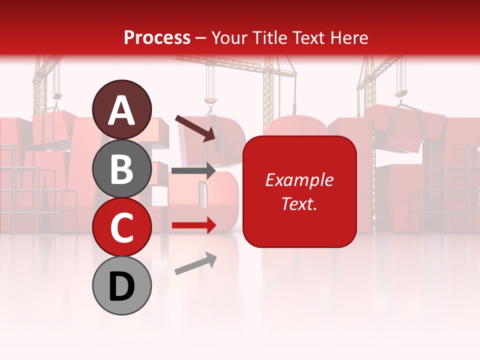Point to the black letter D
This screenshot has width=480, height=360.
(121, 287)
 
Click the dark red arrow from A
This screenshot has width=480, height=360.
(195, 128)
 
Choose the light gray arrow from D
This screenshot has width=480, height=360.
(195, 263)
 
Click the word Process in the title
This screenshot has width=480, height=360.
(157, 38)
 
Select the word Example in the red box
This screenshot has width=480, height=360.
(299, 180)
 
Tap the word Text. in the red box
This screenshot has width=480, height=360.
(299, 203)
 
